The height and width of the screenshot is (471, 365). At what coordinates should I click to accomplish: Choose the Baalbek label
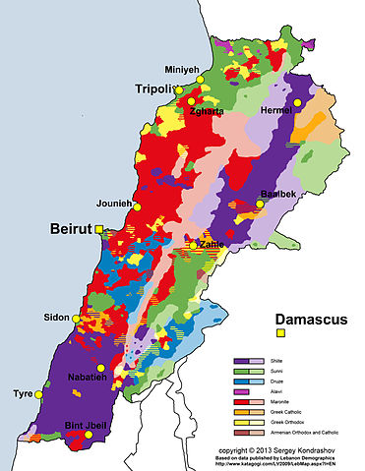click(x=279, y=194)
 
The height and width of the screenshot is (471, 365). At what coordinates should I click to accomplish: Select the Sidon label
click(x=57, y=317)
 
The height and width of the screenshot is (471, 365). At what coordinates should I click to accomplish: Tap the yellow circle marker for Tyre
click(x=38, y=393)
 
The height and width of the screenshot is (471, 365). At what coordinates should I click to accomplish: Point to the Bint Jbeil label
click(x=86, y=424)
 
